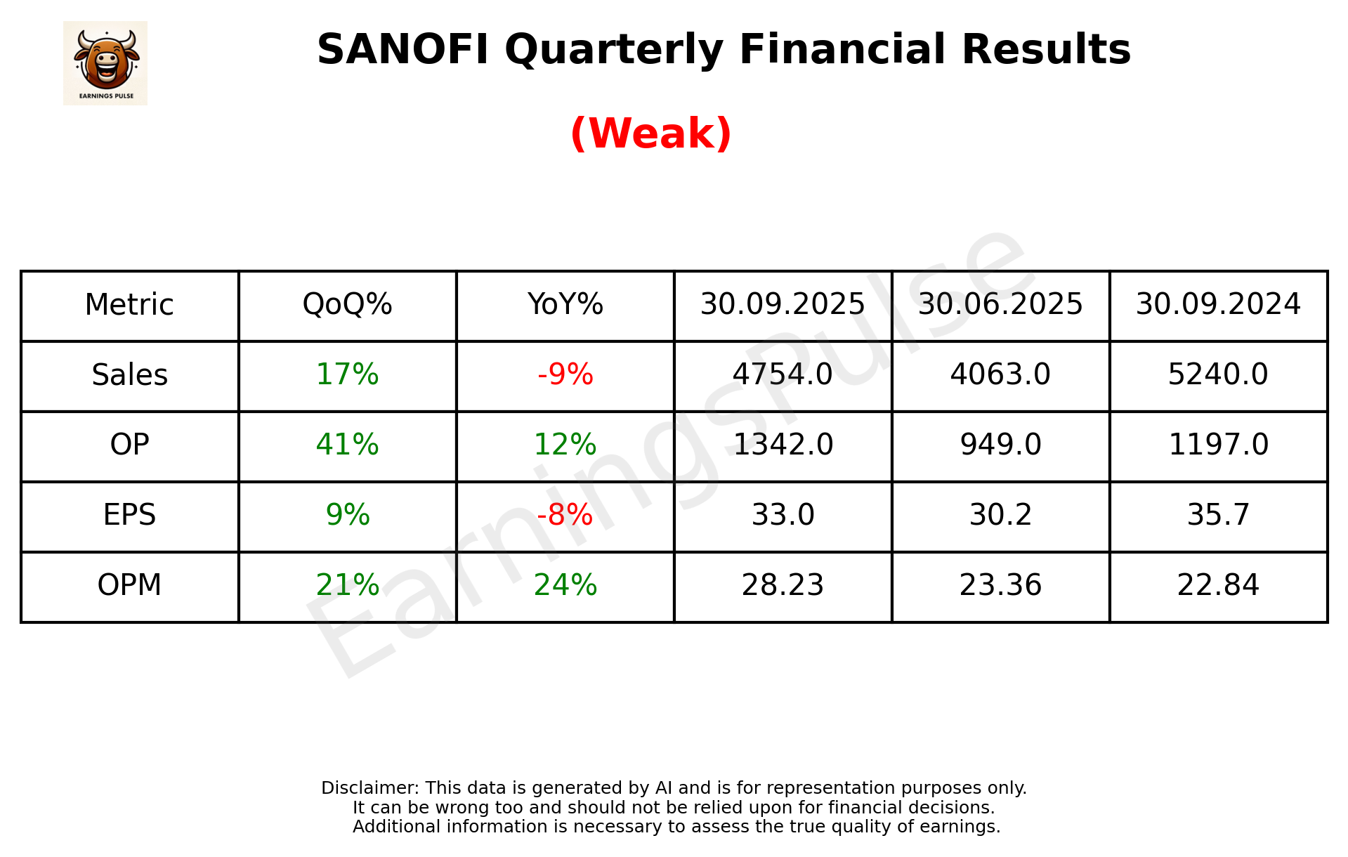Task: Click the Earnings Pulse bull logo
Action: pos(105,63)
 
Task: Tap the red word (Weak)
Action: pos(650,133)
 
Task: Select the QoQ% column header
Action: pos(347,305)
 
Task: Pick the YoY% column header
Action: pos(565,305)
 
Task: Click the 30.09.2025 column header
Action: pos(783,305)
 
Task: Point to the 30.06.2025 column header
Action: pos(1000,305)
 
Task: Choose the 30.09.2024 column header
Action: pos(1218,305)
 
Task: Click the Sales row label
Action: pos(130,375)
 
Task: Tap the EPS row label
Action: pos(130,515)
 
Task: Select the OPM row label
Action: pos(130,585)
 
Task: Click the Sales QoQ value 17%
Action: pos(347,375)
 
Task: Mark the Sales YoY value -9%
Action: pos(565,375)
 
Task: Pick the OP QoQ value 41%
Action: pos(347,445)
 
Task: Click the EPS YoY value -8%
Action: pos(565,515)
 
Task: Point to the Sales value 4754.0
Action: pos(783,375)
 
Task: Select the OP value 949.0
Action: pos(1000,445)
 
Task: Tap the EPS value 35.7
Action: pos(1218,515)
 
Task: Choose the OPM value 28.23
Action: pos(783,585)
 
